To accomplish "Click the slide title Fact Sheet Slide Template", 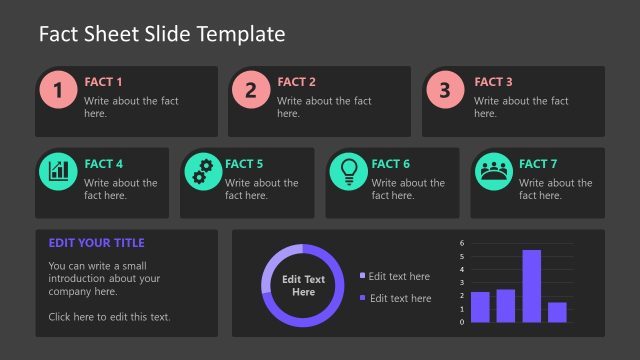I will [162, 34].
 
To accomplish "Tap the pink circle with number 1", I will [58, 90].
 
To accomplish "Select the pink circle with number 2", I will [251, 90].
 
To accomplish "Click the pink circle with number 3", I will [445, 90].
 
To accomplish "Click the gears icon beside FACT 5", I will [203, 171].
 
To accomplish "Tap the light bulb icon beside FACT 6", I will [349, 171].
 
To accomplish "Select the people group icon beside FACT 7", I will [493, 171].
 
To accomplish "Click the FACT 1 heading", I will [104, 82].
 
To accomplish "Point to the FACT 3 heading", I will [493, 82].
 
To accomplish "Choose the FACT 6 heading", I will [391, 164].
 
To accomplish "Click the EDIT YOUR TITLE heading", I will [96, 243].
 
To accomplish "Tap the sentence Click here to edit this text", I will [109, 317].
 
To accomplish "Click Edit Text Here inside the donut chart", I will [303, 286].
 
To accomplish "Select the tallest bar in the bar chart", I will [532, 286].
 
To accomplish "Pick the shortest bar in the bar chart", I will [557, 312].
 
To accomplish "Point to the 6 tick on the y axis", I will [462, 243].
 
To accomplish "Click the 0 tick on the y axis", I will [462, 322].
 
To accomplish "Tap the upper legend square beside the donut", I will [362, 276].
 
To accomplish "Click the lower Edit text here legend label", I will [400, 298].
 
